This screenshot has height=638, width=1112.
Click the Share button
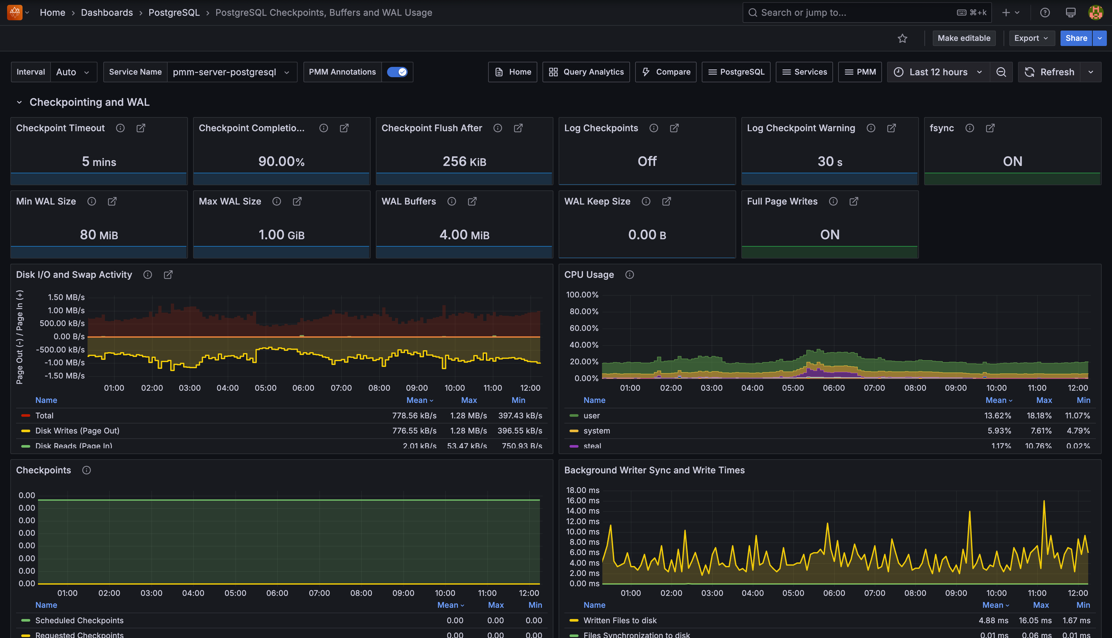[1076, 38]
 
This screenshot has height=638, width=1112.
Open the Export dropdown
[1031, 38]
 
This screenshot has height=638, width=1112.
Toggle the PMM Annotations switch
[397, 72]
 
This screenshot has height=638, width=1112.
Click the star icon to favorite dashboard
[902, 39]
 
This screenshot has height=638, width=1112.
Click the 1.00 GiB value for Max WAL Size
[282, 235]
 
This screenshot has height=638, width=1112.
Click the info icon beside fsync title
[969, 128]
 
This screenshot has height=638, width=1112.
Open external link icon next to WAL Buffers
[472, 201]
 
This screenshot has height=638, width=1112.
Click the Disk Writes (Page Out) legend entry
[77, 431]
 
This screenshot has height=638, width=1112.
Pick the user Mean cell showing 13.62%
[997, 415]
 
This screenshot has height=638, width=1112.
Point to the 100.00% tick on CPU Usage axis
[582, 295]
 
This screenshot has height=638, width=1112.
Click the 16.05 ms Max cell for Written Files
[1034, 620]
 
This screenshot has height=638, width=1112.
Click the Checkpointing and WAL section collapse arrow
[19, 102]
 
